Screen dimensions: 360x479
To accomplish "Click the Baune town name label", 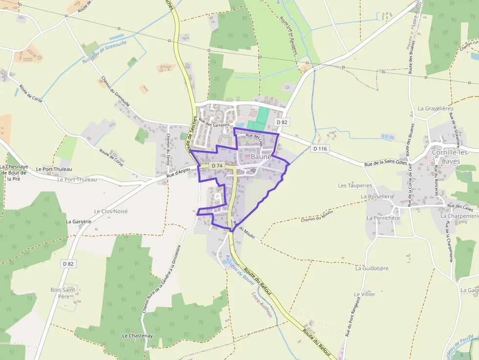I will (260, 158).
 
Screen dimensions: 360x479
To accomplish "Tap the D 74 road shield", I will (217, 166).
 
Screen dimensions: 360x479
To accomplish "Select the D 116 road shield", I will (320, 148).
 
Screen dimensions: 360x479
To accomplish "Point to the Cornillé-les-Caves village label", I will (450, 156).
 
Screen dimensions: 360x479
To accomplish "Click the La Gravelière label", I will (433, 108).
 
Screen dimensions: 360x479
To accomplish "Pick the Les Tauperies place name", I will (355, 186).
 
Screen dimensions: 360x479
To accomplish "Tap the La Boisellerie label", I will (377, 196).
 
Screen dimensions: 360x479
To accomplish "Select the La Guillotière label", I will (372, 268).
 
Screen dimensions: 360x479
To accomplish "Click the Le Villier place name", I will (365, 295).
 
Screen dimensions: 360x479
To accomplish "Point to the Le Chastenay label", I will (137, 336).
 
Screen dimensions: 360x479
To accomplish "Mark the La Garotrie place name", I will (78, 221).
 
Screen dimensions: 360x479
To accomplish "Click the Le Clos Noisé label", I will (110, 211).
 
